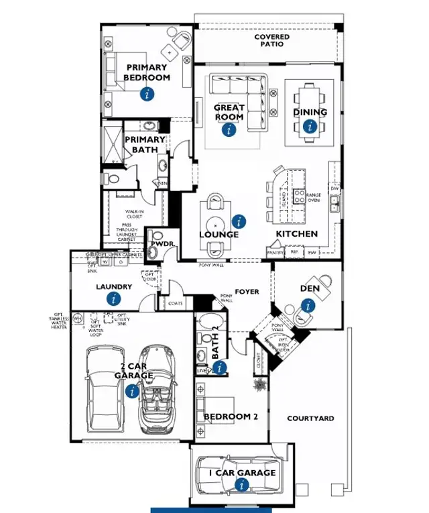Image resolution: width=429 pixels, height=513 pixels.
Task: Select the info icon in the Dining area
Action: (309, 125)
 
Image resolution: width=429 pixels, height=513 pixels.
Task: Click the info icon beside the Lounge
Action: (238, 221)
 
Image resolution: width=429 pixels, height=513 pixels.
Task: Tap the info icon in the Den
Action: (308, 306)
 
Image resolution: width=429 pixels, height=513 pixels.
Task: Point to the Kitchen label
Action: (297, 234)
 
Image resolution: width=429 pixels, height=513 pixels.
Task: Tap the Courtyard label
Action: (310, 418)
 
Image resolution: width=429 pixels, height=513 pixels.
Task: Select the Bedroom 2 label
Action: (231, 416)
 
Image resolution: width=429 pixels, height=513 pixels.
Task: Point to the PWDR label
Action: (160, 244)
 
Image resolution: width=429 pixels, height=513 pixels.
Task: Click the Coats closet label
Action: (176, 303)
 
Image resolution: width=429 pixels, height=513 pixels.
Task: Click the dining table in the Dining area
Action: (310, 113)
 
